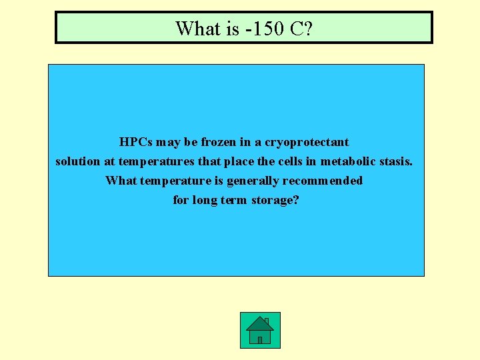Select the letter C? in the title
tap(297, 29)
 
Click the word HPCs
tap(135, 142)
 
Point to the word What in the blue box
tap(121, 181)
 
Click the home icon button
tap(260, 330)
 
